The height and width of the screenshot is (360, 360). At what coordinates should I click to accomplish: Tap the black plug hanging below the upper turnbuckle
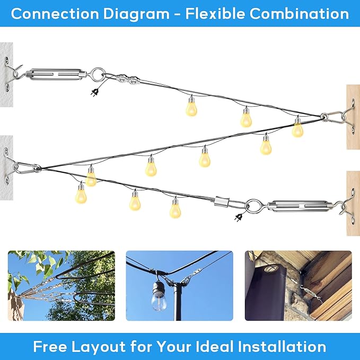[x=95, y=91]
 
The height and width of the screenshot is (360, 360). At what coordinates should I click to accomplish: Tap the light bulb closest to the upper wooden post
[x=297, y=128]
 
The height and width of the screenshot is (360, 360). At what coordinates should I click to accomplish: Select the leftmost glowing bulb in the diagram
[x=81, y=194]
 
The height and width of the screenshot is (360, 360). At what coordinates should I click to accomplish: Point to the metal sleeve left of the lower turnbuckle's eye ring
[x=222, y=203]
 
